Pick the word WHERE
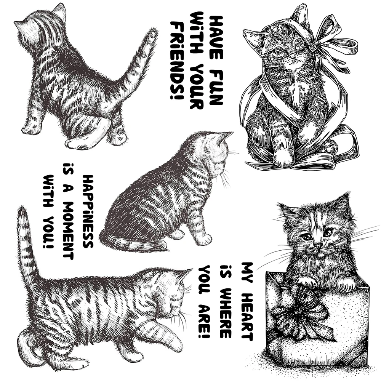tap(225, 305)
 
